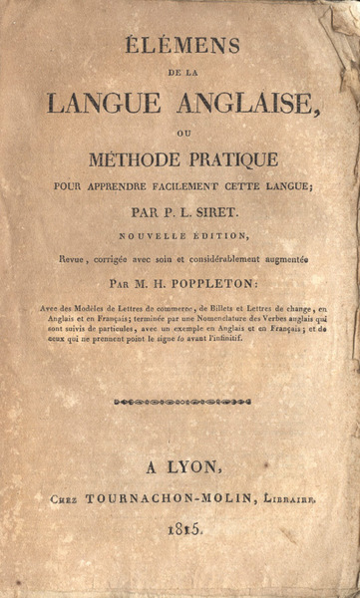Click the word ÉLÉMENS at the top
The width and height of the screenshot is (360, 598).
(x=180, y=44)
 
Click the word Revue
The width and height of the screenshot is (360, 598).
(x=77, y=258)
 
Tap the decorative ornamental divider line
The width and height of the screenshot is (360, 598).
(x=180, y=402)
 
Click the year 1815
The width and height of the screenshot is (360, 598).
(x=180, y=531)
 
